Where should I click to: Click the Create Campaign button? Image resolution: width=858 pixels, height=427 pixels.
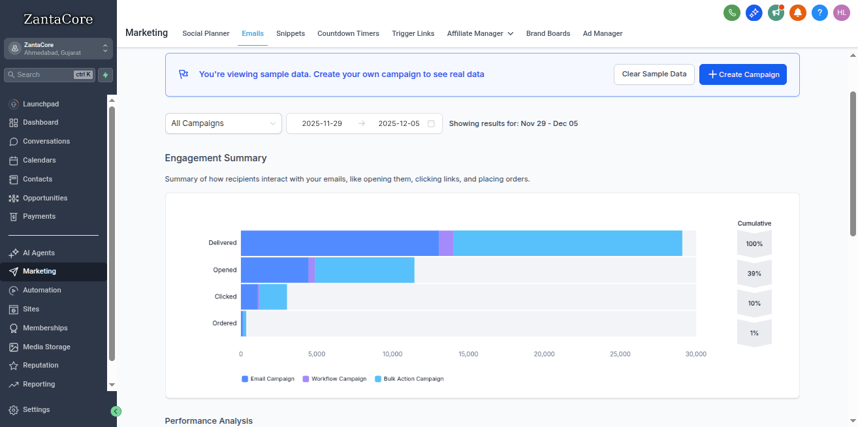pos(742,74)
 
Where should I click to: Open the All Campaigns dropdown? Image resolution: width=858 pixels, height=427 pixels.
pos(223,123)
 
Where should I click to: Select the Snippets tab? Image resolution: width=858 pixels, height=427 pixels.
pos(290,33)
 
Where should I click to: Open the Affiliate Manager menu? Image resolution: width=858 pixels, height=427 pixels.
pos(480,33)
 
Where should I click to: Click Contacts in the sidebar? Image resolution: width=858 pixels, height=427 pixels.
pos(37,179)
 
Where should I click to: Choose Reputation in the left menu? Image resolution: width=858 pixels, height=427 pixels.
pos(40,365)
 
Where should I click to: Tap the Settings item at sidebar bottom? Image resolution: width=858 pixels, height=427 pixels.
pos(36,409)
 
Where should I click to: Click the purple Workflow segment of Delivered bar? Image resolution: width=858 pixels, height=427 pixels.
pos(446,243)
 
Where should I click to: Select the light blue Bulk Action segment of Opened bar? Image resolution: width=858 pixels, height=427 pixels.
pos(364,270)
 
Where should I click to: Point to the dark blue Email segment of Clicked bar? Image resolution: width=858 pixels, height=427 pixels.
pos(249,296)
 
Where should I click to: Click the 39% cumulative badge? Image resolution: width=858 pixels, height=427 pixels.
pos(754,274)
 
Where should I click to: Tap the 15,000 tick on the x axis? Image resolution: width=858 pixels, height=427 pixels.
pos(468,354)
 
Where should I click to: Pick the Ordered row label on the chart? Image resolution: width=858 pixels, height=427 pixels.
pos(225,323)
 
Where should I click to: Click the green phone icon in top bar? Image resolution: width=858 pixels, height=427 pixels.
pos(732,12)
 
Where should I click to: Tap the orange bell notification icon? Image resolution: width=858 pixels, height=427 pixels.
pos(797,12)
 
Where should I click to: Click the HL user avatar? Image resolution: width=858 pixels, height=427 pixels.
pos(841,12)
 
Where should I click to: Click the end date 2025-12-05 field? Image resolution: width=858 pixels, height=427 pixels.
pos(399,123)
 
